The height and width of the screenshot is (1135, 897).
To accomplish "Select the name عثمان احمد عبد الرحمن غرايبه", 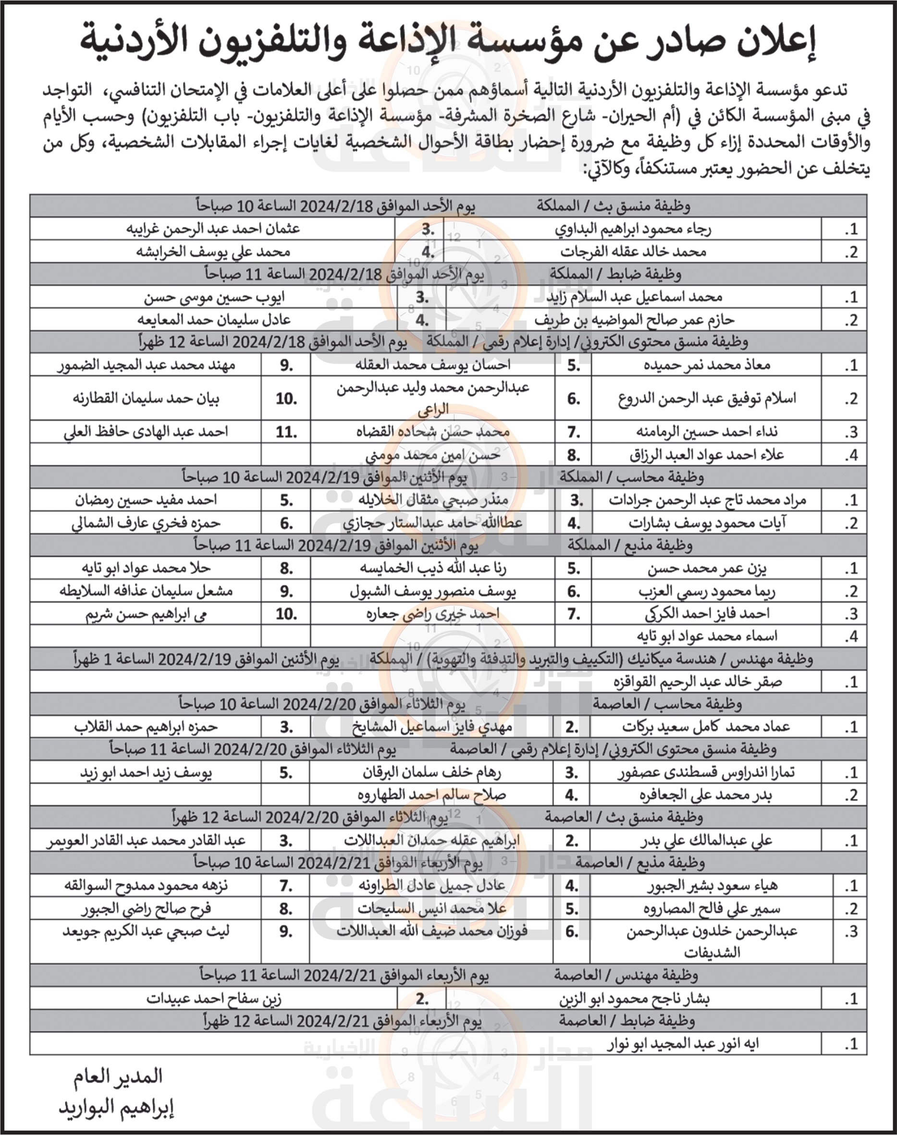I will [213, 229].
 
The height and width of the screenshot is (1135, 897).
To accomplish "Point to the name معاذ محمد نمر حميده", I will [706, 365].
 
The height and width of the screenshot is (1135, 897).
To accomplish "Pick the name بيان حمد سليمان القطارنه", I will [146, 399].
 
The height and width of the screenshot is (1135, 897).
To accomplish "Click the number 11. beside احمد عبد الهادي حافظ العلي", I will [286, 433].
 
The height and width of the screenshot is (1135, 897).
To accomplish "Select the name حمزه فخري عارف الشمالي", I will [146, 523].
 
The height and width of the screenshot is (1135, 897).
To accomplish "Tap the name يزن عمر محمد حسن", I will [706, 569].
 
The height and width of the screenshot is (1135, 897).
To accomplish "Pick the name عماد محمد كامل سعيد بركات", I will [706, 727].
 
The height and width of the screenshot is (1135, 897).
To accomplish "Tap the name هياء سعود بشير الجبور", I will [712, 886].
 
